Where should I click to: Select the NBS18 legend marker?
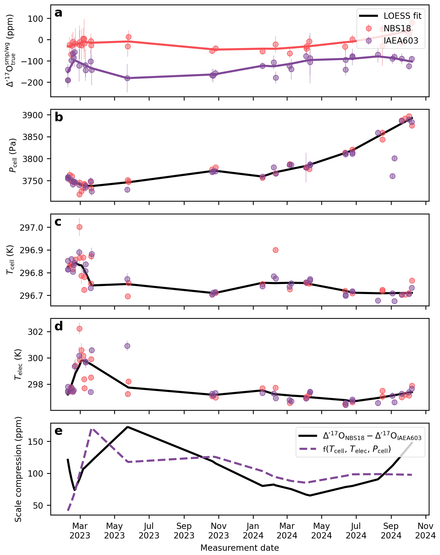pos(369,28)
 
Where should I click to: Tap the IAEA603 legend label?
pos(401,41)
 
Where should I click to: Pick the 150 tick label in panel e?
pos(37,442)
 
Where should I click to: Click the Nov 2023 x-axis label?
pos(219,531)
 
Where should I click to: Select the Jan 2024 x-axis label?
pos(253,531)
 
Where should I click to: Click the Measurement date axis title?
pos(239,548)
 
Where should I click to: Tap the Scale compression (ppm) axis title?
pos(19,469)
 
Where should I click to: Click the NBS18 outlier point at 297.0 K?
pos(79,227)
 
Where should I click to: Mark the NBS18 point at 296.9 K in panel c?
pos(275,250)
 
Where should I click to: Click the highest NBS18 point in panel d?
pos(79,329)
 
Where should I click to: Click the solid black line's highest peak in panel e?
pos(128,427)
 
